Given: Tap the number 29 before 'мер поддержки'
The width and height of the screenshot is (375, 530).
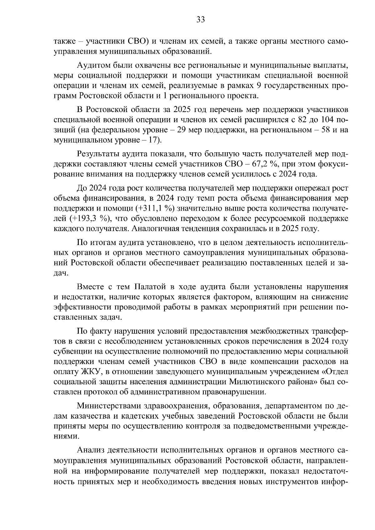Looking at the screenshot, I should pos(182,130).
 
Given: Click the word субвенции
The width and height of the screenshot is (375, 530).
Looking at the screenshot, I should pos(72,351).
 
